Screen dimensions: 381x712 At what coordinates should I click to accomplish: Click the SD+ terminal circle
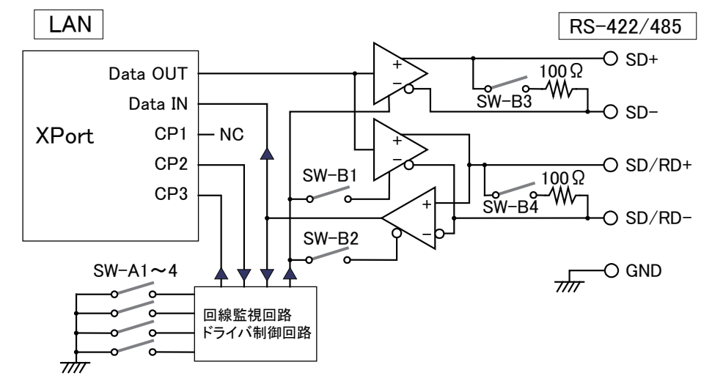pos(608,58)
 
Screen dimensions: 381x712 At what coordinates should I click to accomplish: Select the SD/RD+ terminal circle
pos(608,163)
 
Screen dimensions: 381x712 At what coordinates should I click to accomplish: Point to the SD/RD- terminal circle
pos(608,218)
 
